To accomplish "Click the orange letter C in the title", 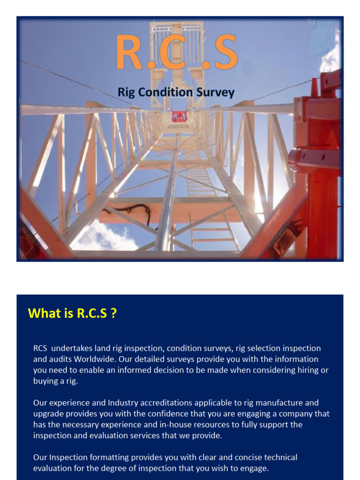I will tap(177, 52).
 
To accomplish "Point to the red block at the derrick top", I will tap(179, 116).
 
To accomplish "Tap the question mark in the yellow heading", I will tap(113, 313).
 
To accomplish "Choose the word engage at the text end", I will tap(256, 468).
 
